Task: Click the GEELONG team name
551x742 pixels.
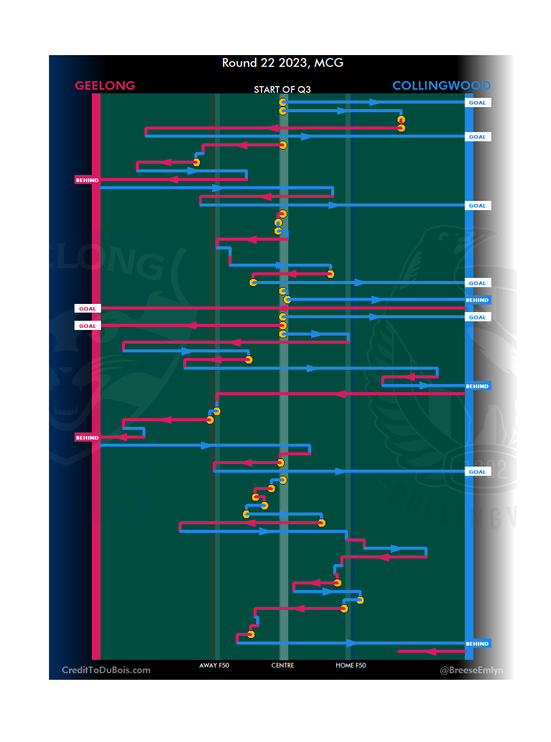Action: pos(105,86)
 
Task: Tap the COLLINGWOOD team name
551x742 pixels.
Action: pos(441,86)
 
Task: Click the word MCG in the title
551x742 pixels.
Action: pos(329,63)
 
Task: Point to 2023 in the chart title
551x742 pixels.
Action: pos(293,63)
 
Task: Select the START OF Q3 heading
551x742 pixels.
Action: pos(282,90)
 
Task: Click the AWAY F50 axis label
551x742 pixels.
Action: pos(214,666)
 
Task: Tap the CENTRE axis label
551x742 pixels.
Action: pos(283,666)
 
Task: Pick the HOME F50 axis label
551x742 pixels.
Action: pos(350,666)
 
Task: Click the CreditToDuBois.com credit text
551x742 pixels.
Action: pos(106,670)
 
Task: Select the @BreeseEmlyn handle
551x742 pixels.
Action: pos(471,670)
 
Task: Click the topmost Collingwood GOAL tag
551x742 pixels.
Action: pos(478,103)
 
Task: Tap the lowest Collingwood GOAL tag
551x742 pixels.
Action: pos(478,472)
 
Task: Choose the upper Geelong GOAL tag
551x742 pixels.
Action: pos(87,309)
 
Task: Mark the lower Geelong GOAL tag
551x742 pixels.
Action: pos(87,326)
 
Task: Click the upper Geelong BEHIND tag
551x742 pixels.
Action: pos(87,180)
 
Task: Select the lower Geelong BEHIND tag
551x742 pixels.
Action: pos(87,438)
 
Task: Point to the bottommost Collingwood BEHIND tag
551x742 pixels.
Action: pos(478,644)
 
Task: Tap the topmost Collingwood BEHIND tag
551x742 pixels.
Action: pos(478,300)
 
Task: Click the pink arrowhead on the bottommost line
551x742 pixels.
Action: pos(431,651)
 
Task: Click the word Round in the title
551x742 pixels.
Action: pos(239,63)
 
